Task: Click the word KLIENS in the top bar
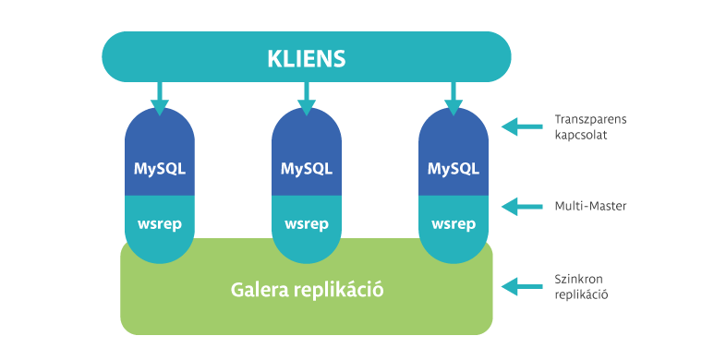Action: pyautogui.click(x=306, y=59)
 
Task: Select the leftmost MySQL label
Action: pyautogui.click(x=159, y=169)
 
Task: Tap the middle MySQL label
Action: pyautogui.click(x=306, y=169)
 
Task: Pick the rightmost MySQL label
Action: pyautogui.click(x=453, y=169)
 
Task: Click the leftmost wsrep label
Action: pyautogui.click(x=159, y=223)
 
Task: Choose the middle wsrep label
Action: pyautogui.click(x=306, y=223)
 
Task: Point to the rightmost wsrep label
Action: pyautogui.click(x=453, y=223)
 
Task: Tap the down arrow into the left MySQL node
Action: pyautogui.click(x=159, y=98)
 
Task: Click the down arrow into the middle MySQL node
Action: pyautogui.click(x=306, y=98)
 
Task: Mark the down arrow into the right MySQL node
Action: pyautogui.click(x=453, y=98)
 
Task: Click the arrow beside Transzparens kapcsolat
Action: pyautogui.click(x=521, y=127)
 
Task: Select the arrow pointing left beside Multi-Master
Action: pyautogui.click(x=521, y=206)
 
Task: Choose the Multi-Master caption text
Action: pyautogui.click(x=591, y=206)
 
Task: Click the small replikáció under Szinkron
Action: pyautogui.click(x=582, y=294)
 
